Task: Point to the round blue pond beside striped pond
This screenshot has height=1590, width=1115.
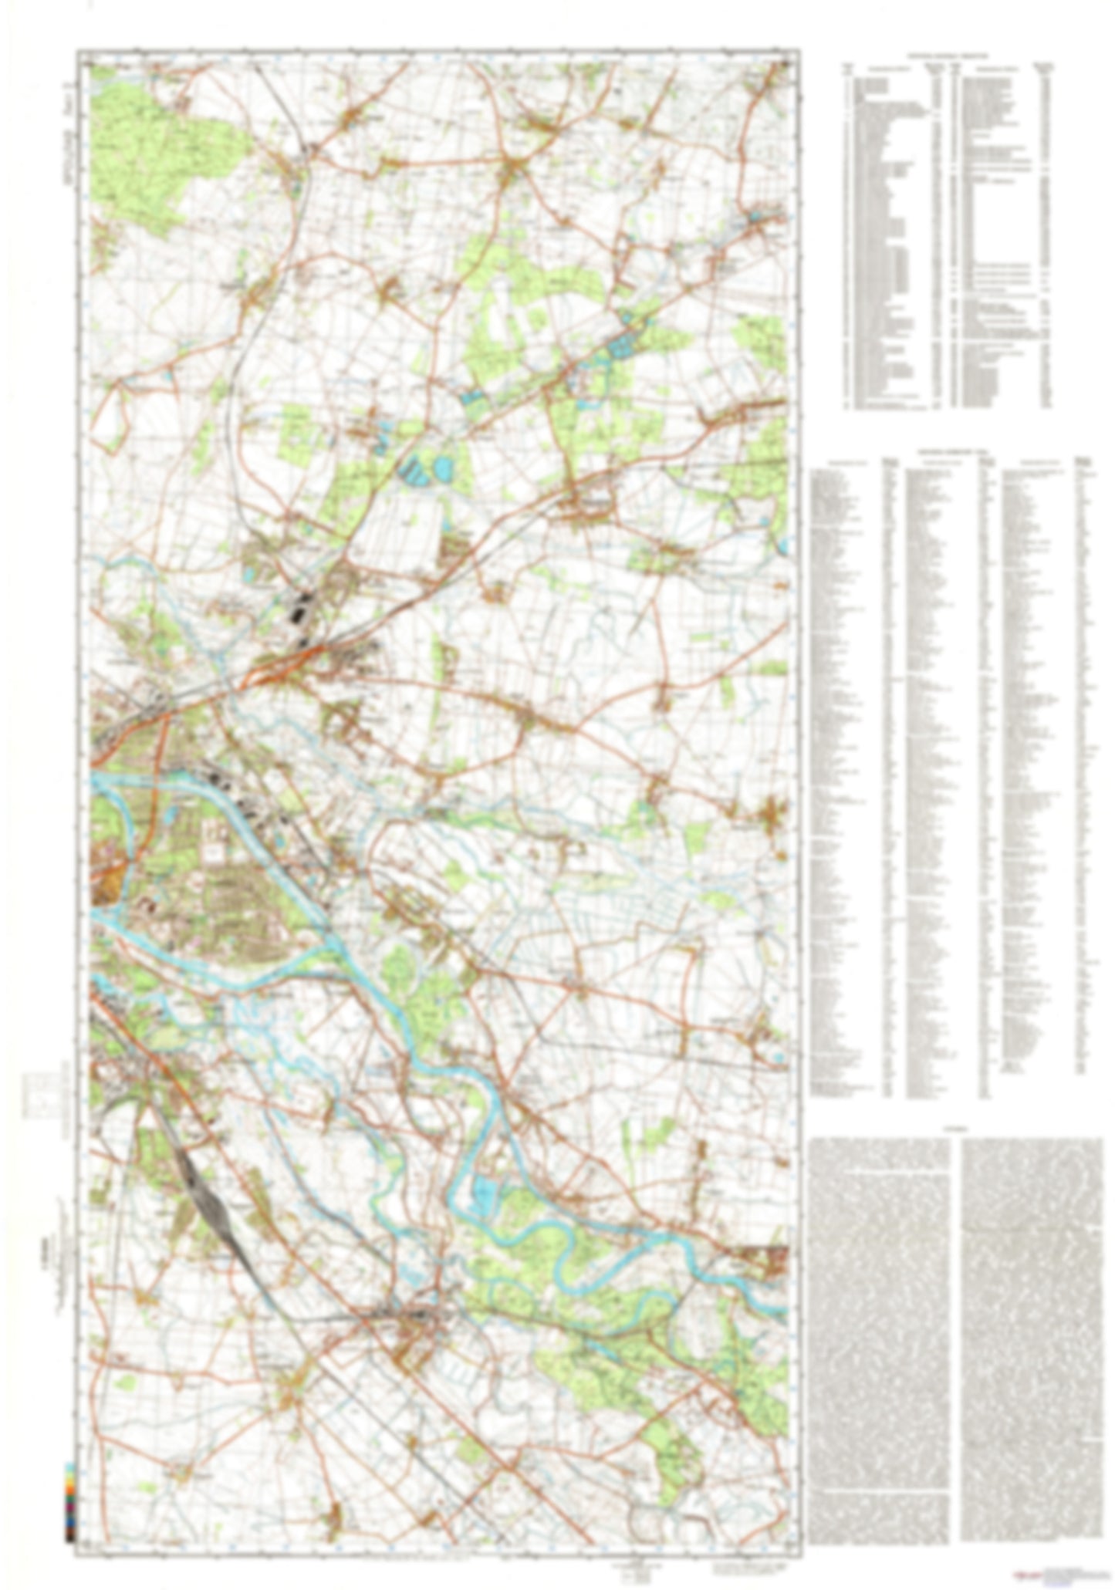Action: [442, 468]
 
